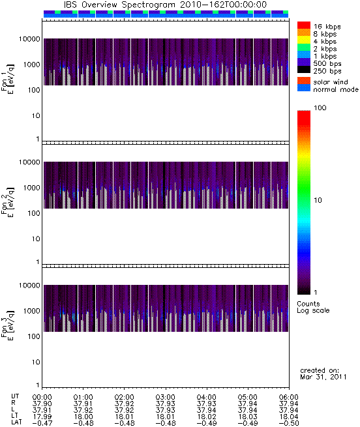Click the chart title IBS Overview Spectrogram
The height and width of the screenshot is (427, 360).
(119, 5)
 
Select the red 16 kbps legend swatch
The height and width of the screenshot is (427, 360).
(304, 25)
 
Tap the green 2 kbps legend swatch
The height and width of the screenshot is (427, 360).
(304, 48)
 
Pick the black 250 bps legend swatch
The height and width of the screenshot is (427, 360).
(304, 70)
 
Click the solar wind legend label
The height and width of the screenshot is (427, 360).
(331, 82)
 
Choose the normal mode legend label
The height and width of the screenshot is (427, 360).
(336, 89)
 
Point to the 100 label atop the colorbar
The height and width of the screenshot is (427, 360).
(320, 108)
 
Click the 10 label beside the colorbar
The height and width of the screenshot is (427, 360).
(318, 200)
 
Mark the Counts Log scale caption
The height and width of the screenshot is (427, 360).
(313, 307)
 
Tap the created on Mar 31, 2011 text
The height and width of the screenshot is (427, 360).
(323, 374)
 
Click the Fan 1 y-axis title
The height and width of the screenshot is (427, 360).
(8, 79)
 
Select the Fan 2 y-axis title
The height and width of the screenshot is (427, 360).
(8, 202)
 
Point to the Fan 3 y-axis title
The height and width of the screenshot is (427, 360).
(8, 325)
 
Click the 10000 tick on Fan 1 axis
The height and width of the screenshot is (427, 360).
(29, 39)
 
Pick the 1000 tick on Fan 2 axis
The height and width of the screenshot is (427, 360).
(31, 188)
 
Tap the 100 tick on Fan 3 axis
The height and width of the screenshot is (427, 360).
(34, 336)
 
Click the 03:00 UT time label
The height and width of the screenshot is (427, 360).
(165, 397)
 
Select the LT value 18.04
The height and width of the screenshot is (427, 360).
(289, 417)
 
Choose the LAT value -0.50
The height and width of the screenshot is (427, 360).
(289, 423)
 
